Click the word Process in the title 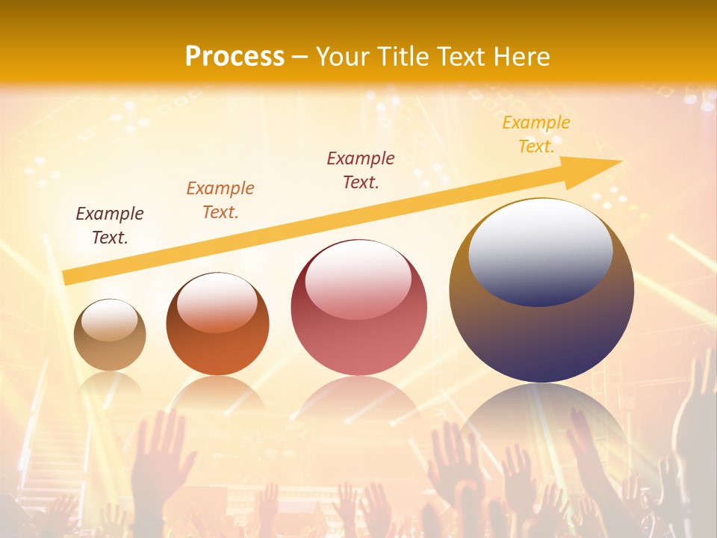click(x=235, y=56)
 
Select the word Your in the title click(x=344, y=56)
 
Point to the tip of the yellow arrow click(x=620, y=161)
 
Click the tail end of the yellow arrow click(x=66, y=278)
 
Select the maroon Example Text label click(x=361, y=170)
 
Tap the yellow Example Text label click(x=536, y=134)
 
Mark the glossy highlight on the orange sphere click(x=217, y=301)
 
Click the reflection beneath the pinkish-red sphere click(x=358, y=400)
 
